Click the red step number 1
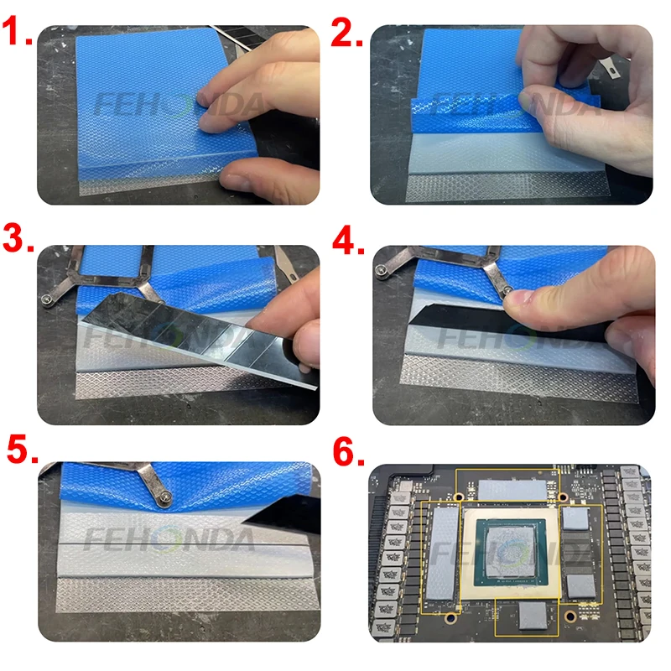(x=16, y=31)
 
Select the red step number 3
(x=18, y=238)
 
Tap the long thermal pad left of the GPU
(x=443, y=554)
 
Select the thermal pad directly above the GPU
(x=512, y=490)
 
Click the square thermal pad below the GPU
(x=533, y=616)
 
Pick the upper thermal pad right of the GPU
(x=575, y=518)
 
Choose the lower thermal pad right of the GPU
(x=580, y=585)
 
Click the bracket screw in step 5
(x=164, y=497)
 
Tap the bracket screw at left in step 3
(x=47, y=300)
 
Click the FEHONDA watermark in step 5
(x=169, y=539)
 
